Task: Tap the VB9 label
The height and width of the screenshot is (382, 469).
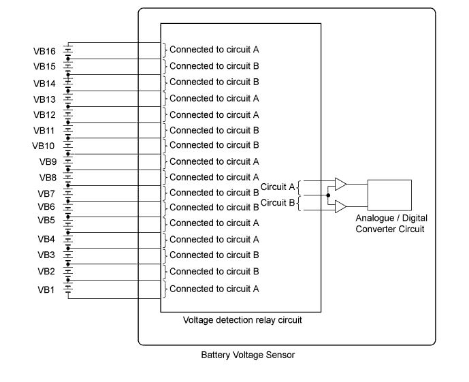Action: (47, 162)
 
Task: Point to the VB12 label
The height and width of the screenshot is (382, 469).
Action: (44, 114)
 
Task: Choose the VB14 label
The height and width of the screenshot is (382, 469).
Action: (44, 84)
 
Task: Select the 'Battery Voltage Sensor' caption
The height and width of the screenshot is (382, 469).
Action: (248, 355)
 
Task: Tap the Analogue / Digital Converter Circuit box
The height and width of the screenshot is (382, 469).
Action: (389, 195)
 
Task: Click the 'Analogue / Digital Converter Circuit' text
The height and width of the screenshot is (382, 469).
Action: (390, 224)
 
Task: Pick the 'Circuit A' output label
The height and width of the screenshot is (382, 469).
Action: (278, 187)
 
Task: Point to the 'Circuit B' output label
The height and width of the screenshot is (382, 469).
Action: (278, 202)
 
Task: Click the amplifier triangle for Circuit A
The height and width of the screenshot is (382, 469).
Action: (340, 184)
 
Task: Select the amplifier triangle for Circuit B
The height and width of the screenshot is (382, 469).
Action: (340, 206)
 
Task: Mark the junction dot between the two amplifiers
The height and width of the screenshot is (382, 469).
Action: (328, 195)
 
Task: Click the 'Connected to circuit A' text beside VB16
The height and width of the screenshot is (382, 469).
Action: (214, 50)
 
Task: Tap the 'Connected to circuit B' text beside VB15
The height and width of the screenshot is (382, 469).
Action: (214, 66)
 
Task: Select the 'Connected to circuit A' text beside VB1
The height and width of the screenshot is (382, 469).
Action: (214, 289)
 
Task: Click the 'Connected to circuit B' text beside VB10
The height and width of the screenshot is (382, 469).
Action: (214, 145)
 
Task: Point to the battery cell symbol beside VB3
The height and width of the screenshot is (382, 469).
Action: (68, 255)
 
